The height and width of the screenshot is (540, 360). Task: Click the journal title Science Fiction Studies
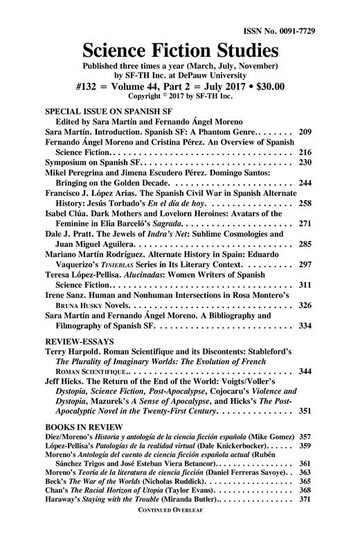coord(180,50)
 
